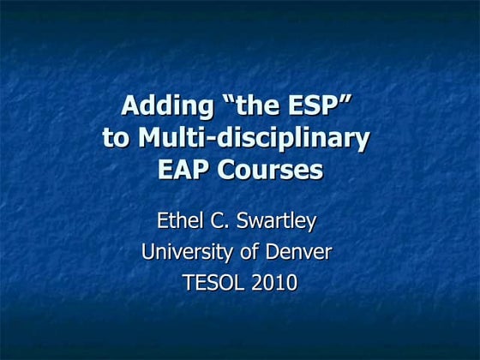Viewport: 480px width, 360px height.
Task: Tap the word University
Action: point(188,253)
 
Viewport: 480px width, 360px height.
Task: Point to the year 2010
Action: point(274,283)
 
